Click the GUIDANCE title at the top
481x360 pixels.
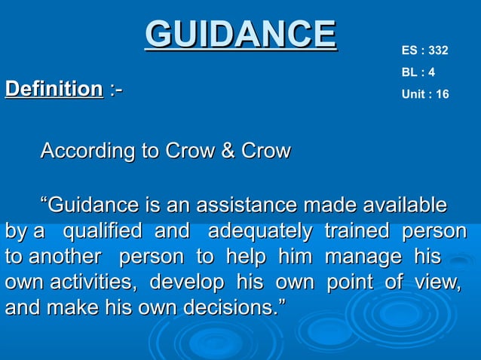pyautogui.click(x=240, y=34)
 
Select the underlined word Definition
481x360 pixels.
pyautogui.click(x=54, y=90)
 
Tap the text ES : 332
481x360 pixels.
pyautogui.click(x=425, y=51)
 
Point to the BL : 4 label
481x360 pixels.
pyautogui.click(x=418, y=73)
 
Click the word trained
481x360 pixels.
pyautogui.click(x=356, y=231)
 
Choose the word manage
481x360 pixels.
pyautogui.click(x=362, y=257)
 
